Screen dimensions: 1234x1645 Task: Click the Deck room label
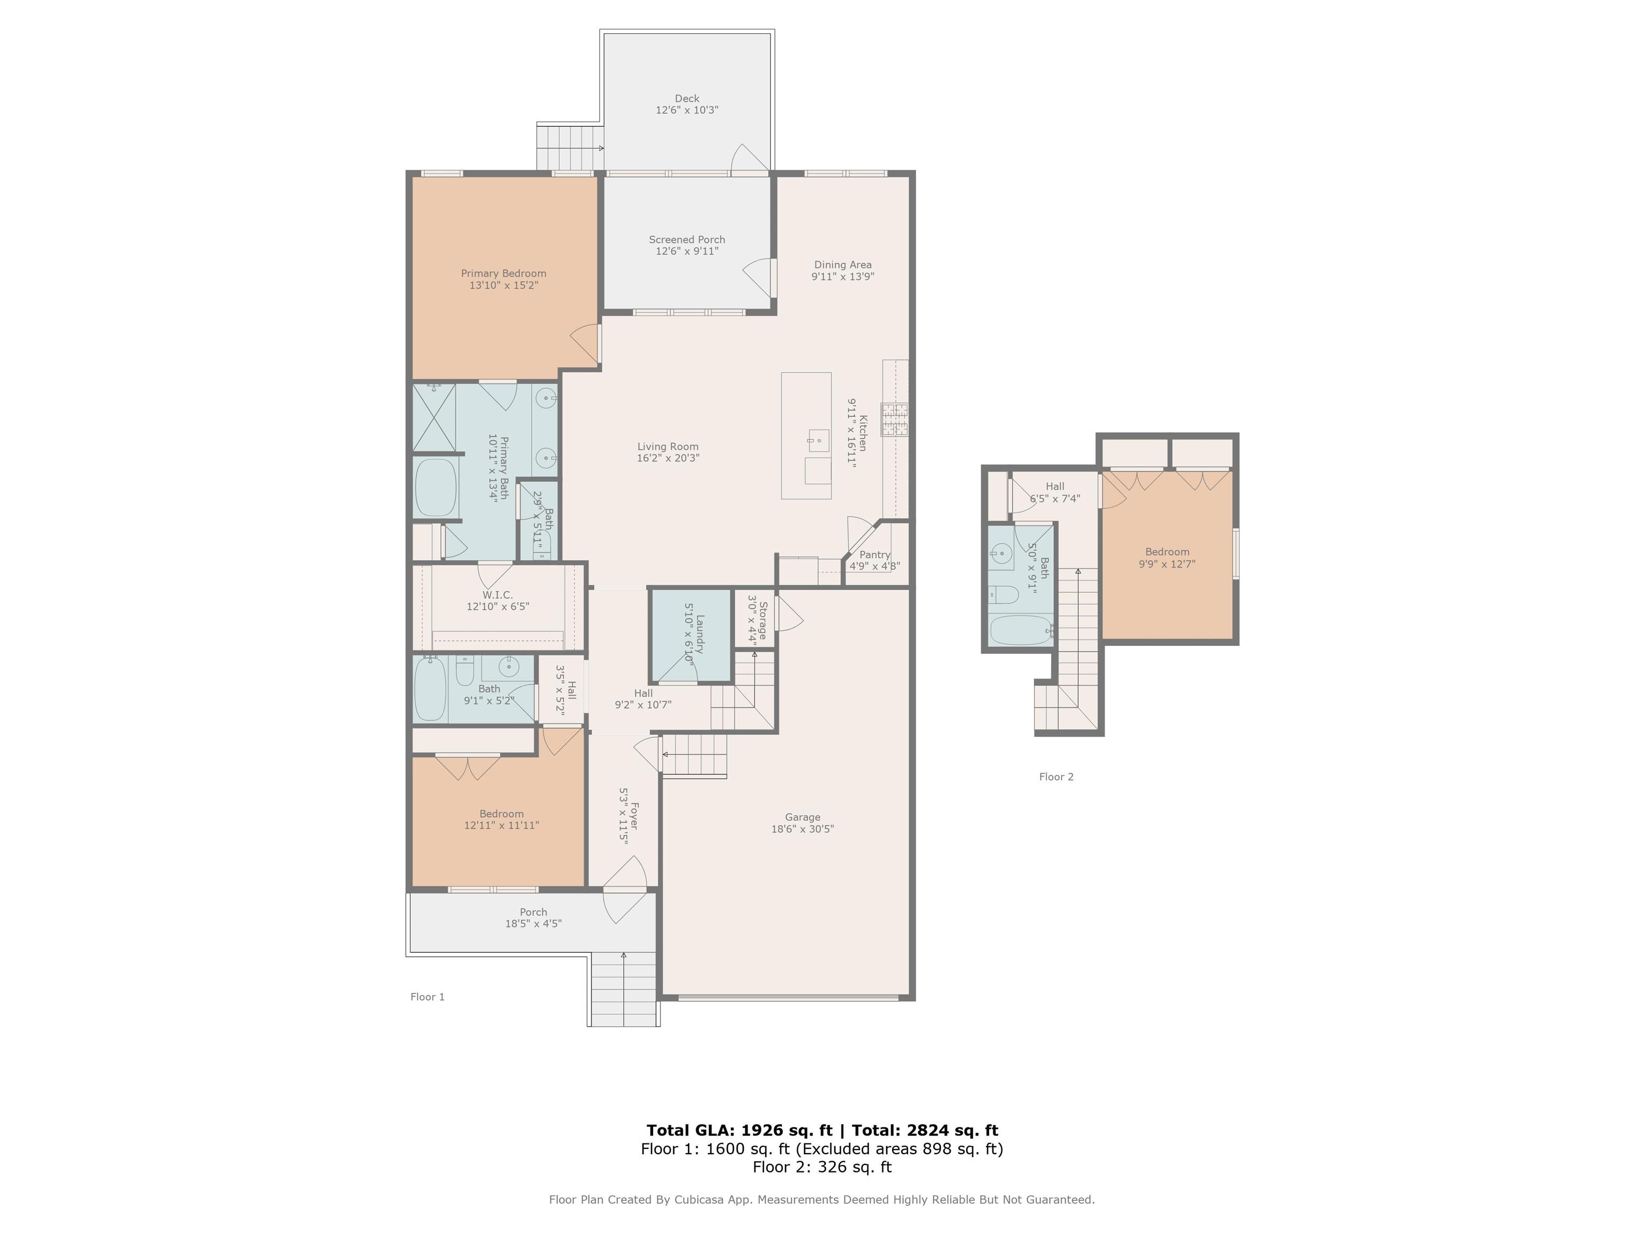[686, 98]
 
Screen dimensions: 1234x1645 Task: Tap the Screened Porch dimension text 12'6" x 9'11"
[686, 251]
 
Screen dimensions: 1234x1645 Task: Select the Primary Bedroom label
[503, 273]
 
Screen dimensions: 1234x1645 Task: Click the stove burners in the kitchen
[895, 419]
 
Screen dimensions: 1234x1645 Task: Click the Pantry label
[874, 554]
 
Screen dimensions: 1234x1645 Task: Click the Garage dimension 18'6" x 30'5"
[803, 829]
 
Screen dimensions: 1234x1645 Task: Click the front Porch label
[533, 912]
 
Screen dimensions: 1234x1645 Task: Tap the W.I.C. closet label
[497, 595]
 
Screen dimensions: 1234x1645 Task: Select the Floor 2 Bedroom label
[1167, 552]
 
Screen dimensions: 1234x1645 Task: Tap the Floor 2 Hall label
[1054, 486]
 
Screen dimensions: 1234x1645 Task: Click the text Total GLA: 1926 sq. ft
[739, 1131]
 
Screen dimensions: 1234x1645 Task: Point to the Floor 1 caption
[428, 997]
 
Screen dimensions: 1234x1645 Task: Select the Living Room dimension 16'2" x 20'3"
[668, 458]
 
